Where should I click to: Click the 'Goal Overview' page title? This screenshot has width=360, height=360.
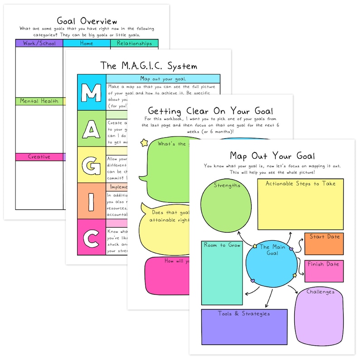[87, 21]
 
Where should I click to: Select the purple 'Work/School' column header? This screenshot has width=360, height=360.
[39, 44]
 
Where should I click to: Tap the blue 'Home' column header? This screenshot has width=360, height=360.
[87, 44]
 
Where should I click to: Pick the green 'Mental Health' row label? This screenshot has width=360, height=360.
[39, 101]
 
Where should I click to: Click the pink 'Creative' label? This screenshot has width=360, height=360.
[39, 157]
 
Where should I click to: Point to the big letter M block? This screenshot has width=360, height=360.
[91, 92]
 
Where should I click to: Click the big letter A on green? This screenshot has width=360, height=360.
[91, 129]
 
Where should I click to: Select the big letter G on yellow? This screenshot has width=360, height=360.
[91, 165]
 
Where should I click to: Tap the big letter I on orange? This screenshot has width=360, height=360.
[91, 201]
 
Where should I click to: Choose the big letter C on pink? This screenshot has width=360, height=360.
[91, 237]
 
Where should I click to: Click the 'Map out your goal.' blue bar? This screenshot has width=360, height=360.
[163, 78]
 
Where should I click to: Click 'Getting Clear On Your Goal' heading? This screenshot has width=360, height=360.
[210, 112]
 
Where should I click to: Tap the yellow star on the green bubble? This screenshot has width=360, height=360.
[145, 143]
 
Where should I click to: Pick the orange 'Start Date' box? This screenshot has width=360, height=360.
[324, 244]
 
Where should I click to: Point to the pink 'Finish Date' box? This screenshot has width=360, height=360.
[324, 271]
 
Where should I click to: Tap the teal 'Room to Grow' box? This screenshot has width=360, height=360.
[222, 273]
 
